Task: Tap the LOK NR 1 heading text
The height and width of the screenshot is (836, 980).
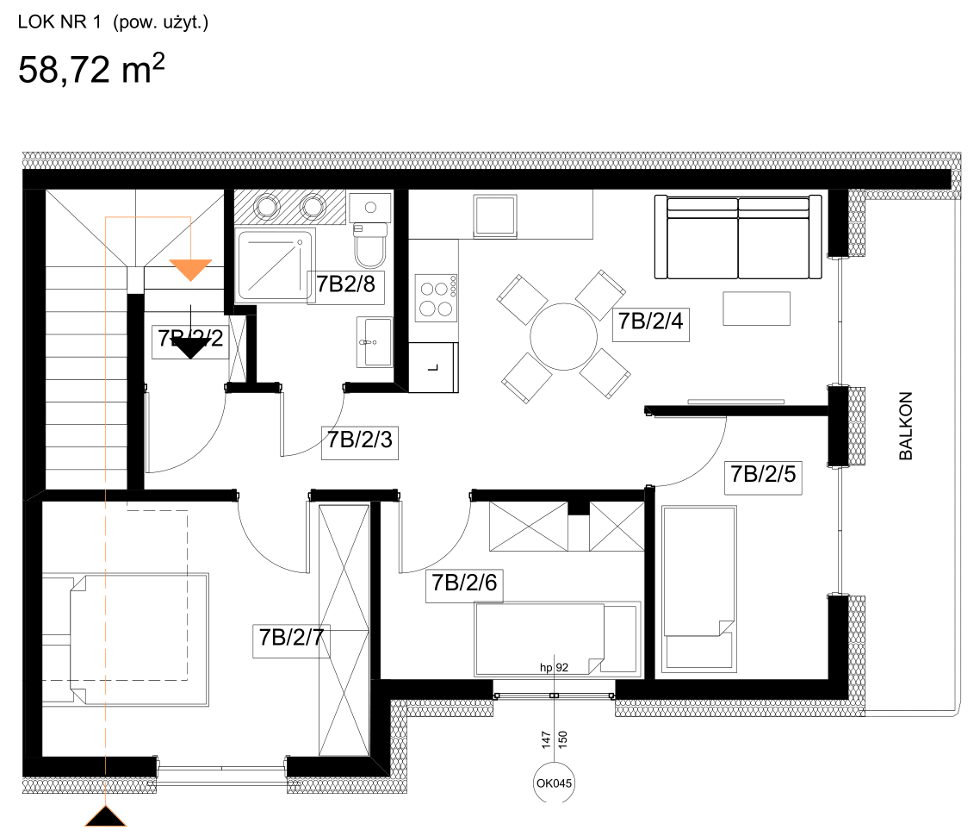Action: (113, 23)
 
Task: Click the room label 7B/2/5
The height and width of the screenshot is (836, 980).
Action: (763, 476)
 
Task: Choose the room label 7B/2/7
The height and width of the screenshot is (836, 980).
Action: (291, 639)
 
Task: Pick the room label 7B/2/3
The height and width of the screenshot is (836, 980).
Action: (360, 440)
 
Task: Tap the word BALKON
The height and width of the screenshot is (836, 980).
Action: (905, 427)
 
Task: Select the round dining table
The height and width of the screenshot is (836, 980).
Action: (563, 336)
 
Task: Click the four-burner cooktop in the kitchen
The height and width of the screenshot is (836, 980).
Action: (435, 297)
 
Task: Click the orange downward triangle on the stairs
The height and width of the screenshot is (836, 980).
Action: (190, 269)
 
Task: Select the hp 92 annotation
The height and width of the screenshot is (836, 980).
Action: (554, 666)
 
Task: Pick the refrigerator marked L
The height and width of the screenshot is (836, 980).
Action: (433, 366)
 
